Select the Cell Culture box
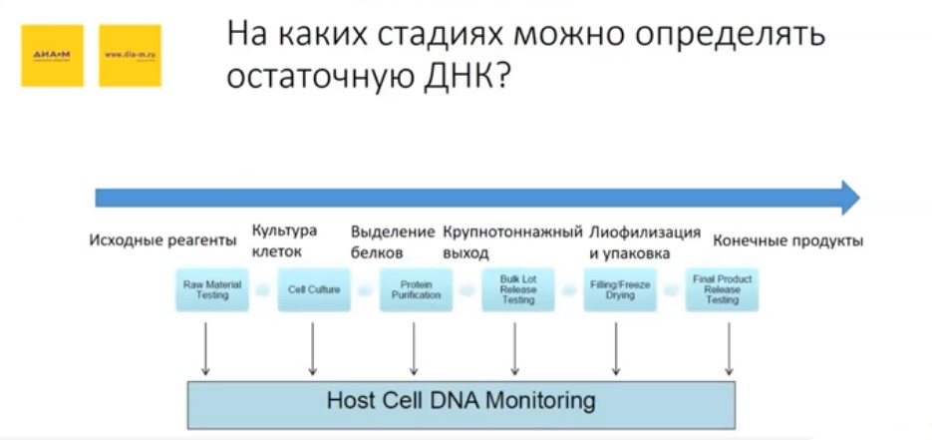[314, 289]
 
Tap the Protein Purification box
[416, 289]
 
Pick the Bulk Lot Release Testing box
[517, 289]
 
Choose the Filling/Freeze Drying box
[620, 289]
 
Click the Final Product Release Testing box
[723, 289]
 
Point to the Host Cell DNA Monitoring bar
[461, 402]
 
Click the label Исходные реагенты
[163, 240]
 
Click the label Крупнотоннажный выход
[511, 240]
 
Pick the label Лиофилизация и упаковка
[644, 240]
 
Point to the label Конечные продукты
[787, 240]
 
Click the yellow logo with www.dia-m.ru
[130, 55]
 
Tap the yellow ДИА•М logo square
[53, 55]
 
